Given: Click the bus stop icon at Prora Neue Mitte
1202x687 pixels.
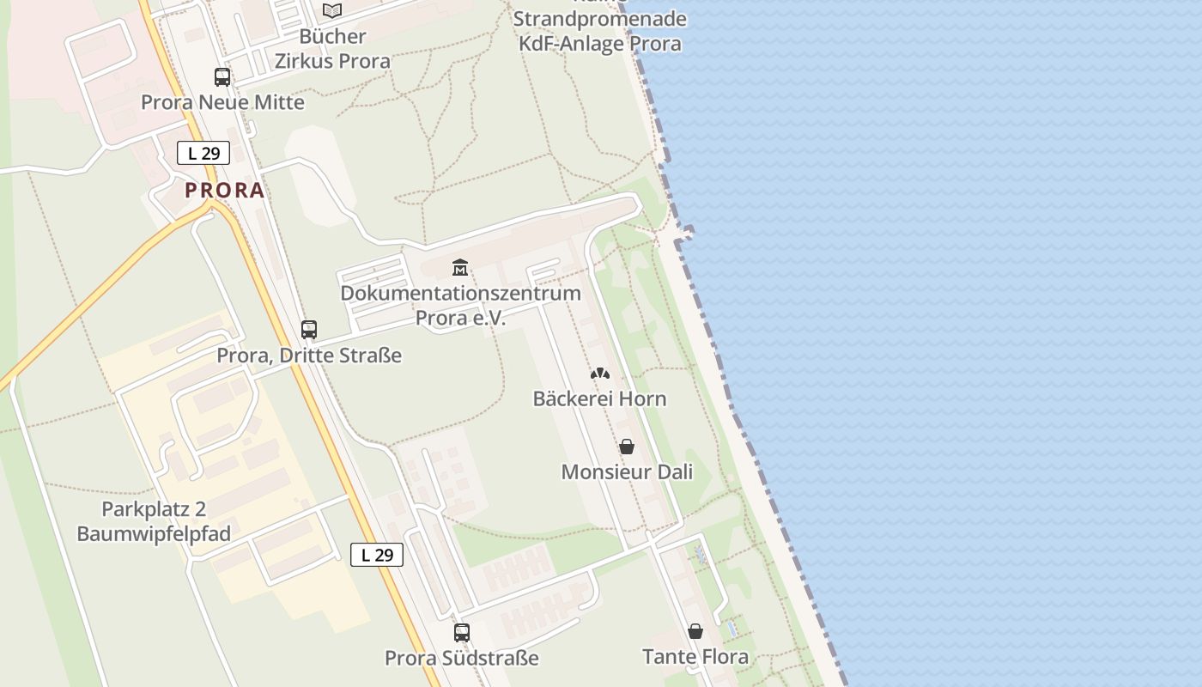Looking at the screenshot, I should [x=222, y=77].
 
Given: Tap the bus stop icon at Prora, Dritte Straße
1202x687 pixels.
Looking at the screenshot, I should [x=309, y=330].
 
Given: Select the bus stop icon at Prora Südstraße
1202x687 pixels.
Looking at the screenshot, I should [x=462, y=633].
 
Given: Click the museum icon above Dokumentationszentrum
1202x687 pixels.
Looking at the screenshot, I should [x=460, y=268].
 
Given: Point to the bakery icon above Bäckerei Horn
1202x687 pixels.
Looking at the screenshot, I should [x=600, y=374].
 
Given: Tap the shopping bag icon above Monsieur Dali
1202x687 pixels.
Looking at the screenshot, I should [x=627, y=447].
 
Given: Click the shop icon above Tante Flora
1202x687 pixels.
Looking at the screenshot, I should [x=695, y=632].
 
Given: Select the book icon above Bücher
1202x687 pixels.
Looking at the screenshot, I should [x=332, y=11].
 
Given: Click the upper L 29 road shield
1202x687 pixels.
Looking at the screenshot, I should [x=203, y=154].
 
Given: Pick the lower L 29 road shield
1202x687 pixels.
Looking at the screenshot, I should [x=377, y=555].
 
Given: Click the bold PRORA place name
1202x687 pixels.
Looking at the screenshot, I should [x=225, y=191].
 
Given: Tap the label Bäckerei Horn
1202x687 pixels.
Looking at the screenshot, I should [x=599, y=399].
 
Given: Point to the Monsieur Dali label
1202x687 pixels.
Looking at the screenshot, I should [x=627, y=472].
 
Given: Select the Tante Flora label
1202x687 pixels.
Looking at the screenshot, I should [x=695, y=657].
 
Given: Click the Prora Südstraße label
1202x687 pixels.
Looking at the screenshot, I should [x=462, y=659].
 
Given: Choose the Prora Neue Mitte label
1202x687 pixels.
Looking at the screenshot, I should [x=222, y=102].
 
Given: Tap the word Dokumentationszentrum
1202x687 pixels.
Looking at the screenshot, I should [x=460, y=293].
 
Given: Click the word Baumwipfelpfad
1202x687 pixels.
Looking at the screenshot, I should [x=154, y=534].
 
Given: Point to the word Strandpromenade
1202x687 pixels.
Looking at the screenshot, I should [x=600, y=19].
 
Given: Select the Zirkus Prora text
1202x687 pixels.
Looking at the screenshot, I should [x=332, y=61].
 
